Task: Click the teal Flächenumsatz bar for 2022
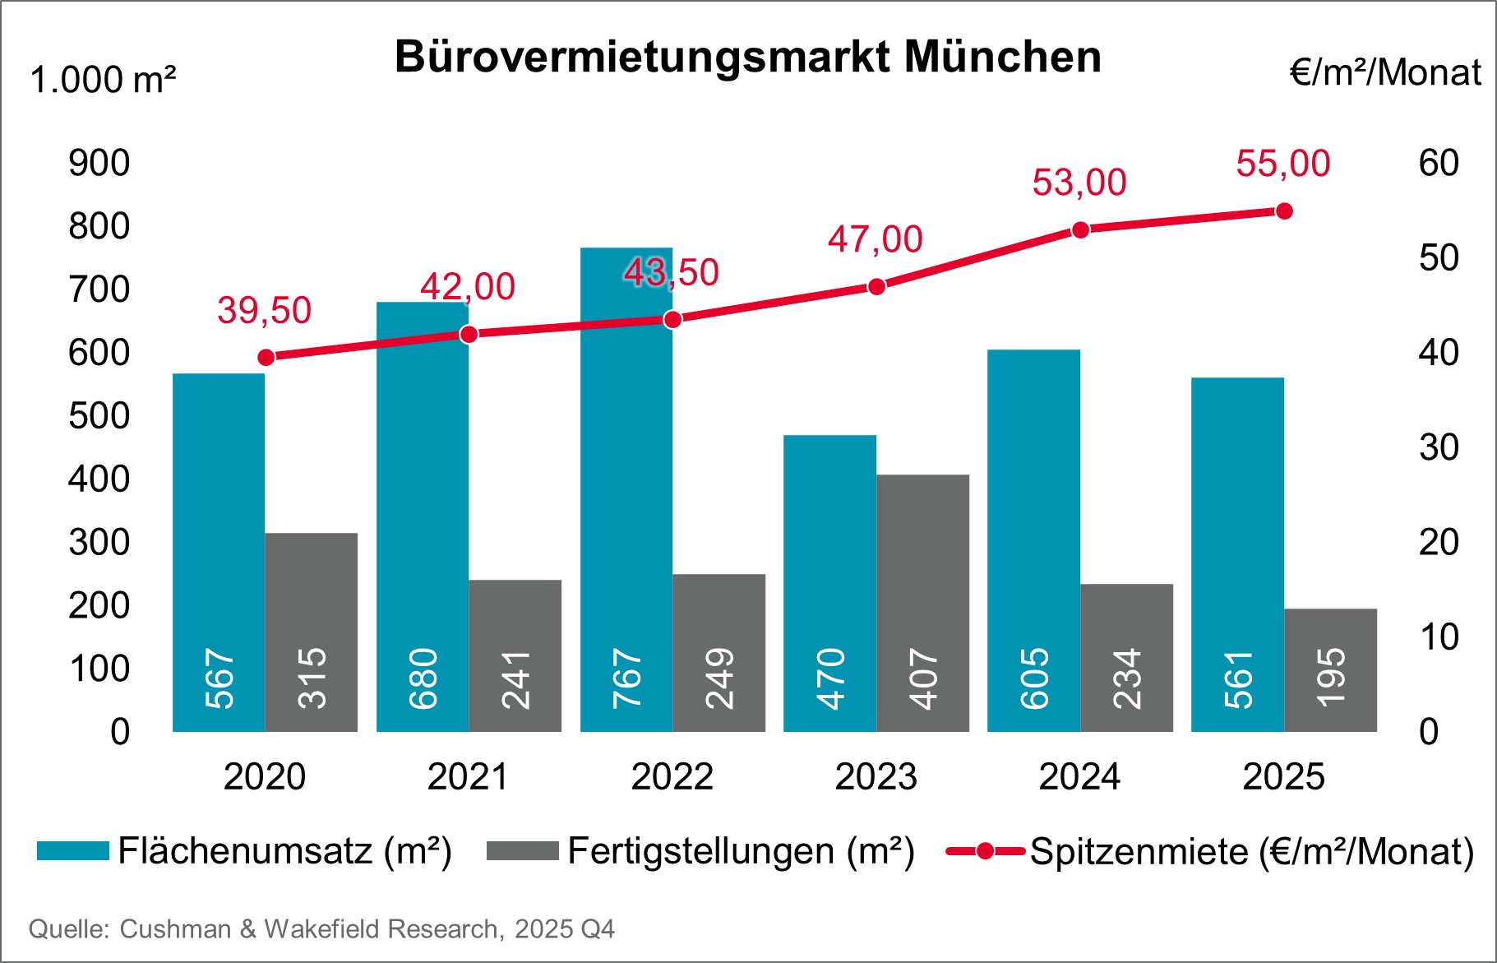point(626,493)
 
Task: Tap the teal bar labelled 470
point(829,584)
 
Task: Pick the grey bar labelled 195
point(1330,670)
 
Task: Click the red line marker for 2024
point(1080,230)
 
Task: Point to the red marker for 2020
point(266,357)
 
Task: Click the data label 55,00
point(1282,164)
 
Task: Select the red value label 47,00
point(875,239)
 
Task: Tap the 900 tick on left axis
point(99,163)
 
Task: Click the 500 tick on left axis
point(99,416)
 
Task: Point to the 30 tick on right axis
point(1438,447)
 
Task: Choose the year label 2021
point(468,776)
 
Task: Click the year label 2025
point(1283,776)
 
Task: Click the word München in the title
point(1002,57)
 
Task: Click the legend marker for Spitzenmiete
point(984,851)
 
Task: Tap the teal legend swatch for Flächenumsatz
point(72,851)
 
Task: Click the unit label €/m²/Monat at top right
point(1384,72)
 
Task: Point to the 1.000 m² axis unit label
point(103,81)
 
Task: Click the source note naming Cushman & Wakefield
point(321,929)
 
